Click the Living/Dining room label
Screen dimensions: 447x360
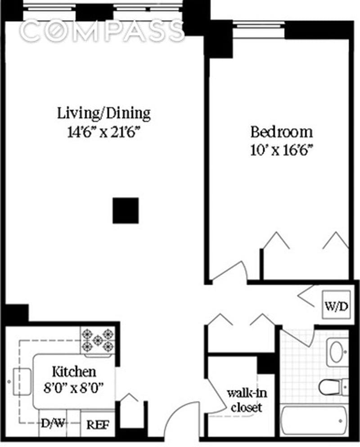tap(103, 113)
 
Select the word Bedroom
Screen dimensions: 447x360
tap(281, 132)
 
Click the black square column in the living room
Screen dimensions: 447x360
tap(126, 210)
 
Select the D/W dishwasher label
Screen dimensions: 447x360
tap(52, 424)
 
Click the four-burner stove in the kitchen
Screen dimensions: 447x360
tap(98, 340)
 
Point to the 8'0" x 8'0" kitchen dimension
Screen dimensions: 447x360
tap(74, 387)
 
